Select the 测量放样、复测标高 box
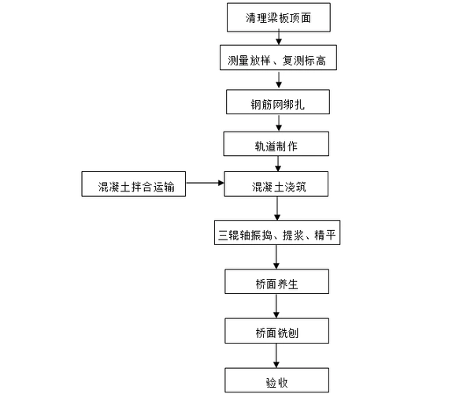click(275, 58)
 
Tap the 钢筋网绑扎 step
click(275, 102)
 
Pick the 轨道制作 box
click(275, 144)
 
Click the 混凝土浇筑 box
click(275, 186)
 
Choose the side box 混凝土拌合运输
click(133, 186)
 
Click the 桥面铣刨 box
click(276, 332)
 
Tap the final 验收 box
click(276, 381)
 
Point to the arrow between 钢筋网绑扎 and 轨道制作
click(276, 123)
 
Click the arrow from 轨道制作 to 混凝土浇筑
click(276, 165)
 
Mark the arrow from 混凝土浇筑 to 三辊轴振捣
click(276, 209)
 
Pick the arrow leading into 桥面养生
click(276, 258)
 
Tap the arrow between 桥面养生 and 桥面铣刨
click(276, 307)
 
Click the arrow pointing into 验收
click(276, 356)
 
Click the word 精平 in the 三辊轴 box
click(326, 234)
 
